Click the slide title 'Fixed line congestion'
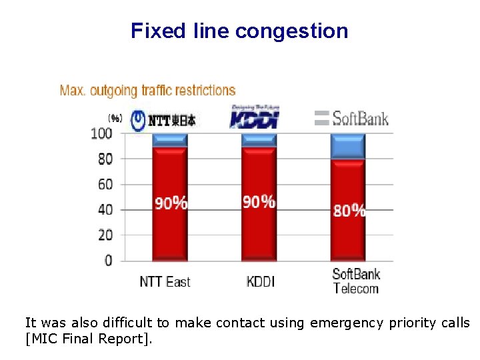click(x=239, y=31)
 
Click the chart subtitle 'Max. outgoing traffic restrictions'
click(x=147, y=90)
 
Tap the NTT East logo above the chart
click(x=163, y=120)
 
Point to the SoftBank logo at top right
click(x=351, y=119)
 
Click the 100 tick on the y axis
click(x=101, y=133)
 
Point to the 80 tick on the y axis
click(x=105, y=159)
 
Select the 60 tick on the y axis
click(x=105, y=184)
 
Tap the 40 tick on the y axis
click(x=105, y=209)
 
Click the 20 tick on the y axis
click(x=105, y=235)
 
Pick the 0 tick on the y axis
click(x=108, y=260)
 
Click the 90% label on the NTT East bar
click(x=171, y=203)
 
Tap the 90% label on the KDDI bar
click(x=259, y=201)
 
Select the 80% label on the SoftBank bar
click(x=349, y=211)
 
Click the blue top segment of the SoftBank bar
click(x=348, y=146)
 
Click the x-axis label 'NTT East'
click(x=165, y=281)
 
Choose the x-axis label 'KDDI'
click(x=260, y=281)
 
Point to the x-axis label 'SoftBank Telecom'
click(x=356, y=281)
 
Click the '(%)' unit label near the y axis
click(x=115, y=119)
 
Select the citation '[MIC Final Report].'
click(x=89, y=339)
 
